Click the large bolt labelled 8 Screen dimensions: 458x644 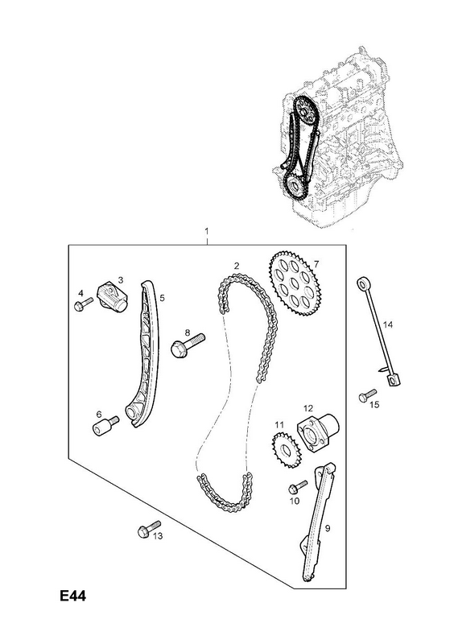[188, 345]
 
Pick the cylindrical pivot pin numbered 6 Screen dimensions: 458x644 [105, 426]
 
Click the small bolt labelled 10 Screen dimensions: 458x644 [298, 487]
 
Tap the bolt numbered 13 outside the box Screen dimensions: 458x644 [149, 528]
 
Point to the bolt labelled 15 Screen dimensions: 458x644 [368, 395]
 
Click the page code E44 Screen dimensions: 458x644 [73, 596]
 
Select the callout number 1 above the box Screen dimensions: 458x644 [207, 231]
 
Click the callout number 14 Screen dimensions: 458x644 [388, 325]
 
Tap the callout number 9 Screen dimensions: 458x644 [328, 528]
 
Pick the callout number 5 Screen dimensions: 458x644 [163, 298]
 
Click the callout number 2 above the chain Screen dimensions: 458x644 [237, 266]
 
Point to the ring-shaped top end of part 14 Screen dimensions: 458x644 [363, 283]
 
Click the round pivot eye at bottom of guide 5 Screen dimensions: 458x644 [131, 411]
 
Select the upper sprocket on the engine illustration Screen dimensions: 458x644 [305, 110]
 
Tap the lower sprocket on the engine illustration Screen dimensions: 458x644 [295, 188]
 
